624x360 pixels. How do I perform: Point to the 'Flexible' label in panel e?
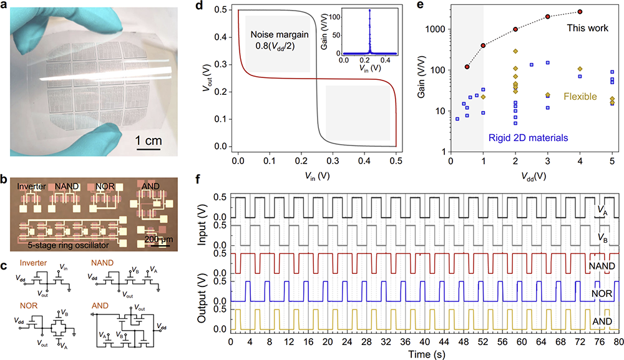click(x=580, y=97)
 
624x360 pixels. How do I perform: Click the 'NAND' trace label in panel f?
click(x=602, y=266)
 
